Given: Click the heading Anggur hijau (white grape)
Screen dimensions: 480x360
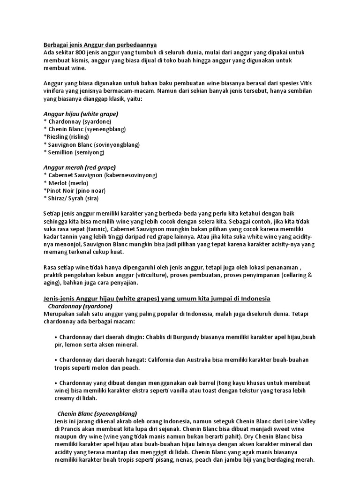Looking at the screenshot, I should point(81,114).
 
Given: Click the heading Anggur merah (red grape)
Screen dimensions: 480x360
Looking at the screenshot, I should point(79,167).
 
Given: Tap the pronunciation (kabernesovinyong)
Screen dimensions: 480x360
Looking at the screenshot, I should point(128,175).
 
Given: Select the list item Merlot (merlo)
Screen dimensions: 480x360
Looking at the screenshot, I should point(66,183).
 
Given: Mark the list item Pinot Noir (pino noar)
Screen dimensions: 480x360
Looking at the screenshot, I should point(75,190).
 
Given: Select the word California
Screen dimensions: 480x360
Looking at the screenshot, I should point(166,360).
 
